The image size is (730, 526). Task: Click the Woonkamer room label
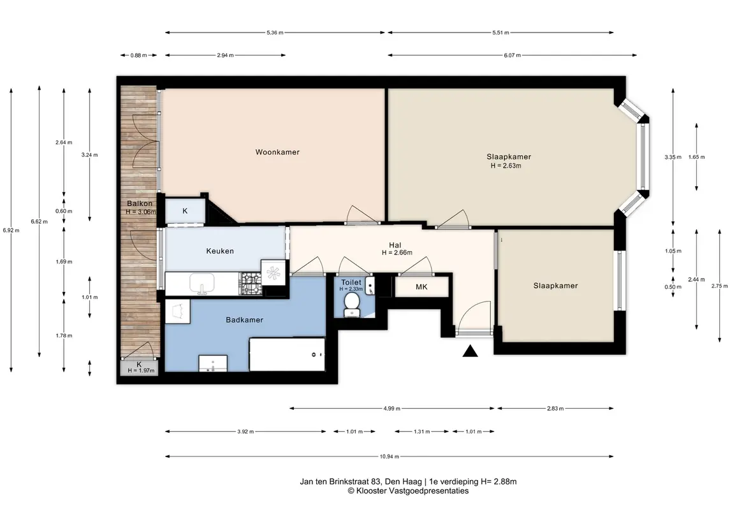[x=277, y=152]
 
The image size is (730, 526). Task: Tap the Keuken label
[x=220, y=251]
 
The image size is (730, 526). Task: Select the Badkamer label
[x=244, y=320]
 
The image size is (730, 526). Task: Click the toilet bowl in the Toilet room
[x=351, y=305]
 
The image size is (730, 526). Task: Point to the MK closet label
[x=421, y=287]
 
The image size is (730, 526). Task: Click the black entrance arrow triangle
[x=471, y=351]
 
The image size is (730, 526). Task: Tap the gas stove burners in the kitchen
[x=251, y=284]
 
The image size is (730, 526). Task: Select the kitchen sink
[x=201, y=284]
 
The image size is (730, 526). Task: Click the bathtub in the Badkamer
[x=287, y=354]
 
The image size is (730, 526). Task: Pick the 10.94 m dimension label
[x=389, y=457]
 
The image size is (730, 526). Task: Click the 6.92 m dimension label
[x=11, y=230]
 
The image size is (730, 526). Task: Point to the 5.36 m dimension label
[x=275, y=33]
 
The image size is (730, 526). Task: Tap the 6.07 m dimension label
[x=512, y=55]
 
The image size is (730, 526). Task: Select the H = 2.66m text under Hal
[x=397, y=252]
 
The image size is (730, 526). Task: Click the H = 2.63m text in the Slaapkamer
[x=506, y=165]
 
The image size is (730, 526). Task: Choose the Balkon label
[x=140, y=203]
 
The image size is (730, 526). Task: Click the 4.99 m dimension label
[x=391, y=409]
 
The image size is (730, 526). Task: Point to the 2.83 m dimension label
[x=555, y=409]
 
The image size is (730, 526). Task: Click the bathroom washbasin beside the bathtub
[x=213, y=363]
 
